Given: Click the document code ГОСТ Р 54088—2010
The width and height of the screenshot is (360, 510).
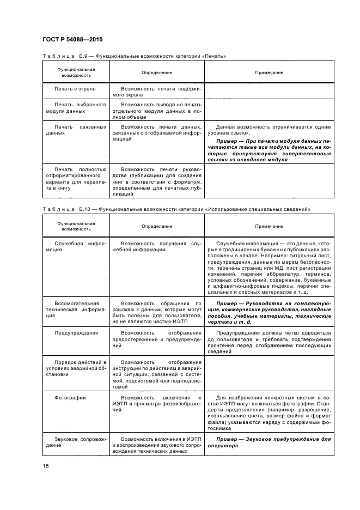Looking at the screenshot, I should (x=72, y=40).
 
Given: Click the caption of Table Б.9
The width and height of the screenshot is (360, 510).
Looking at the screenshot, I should (x=134, y=56).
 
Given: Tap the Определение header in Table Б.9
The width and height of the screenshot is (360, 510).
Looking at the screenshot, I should (x=157, y=72).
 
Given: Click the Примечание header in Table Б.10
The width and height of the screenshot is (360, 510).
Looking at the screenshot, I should (x=269, y=226).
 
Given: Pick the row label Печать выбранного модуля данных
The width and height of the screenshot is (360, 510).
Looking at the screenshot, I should (x=76, y=107).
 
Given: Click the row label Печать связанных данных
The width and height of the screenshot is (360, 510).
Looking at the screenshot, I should (x=76, y=130).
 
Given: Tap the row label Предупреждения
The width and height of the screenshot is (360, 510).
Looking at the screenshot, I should (x=76, y=332).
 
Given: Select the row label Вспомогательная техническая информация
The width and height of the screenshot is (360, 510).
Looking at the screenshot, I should (x=76, y=309).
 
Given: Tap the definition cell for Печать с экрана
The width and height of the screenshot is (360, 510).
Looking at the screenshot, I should (x=157, y=90).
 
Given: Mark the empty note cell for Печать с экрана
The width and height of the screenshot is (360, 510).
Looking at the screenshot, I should (x=269, y=90).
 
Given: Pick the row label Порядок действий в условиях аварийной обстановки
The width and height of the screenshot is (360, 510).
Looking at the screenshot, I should (x=76, y=368).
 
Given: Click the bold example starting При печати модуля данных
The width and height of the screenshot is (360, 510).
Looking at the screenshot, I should (x=269, y=154).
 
